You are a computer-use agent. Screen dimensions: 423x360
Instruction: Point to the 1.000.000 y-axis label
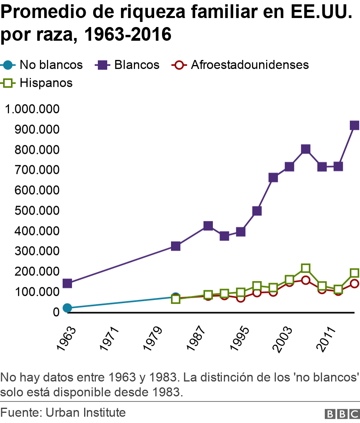point(32,109)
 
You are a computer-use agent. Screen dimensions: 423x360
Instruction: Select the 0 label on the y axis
point(56,312)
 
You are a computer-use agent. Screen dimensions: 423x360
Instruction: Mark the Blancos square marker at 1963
point(67,283)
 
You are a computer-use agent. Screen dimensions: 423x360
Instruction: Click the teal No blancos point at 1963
point(67,308)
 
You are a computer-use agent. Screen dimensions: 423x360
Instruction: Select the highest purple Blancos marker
point(355,125)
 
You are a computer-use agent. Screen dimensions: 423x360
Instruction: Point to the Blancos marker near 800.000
point(306,149)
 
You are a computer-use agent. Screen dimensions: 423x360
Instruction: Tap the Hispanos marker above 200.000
point(306,268)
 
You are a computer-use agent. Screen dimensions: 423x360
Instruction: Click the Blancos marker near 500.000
point(257,211)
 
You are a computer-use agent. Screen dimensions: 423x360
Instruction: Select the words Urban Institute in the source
point(85,412)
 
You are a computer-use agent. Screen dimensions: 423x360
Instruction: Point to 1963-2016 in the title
point(128,34)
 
